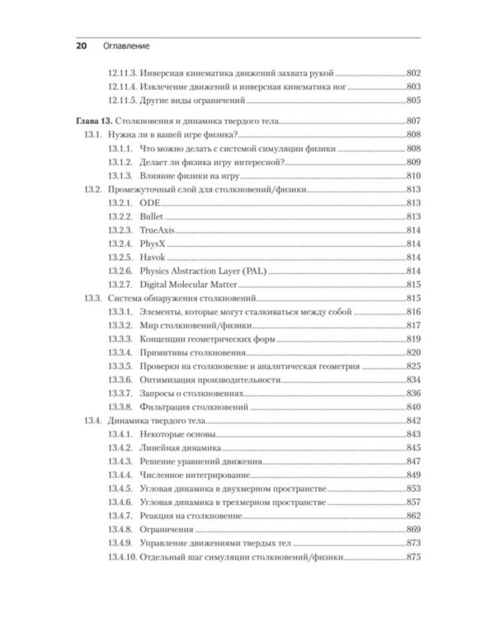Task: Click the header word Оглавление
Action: click(125, 46)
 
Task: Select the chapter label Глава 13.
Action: click(92, 121)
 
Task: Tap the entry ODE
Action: click(150, 202)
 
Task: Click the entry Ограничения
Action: click(167, 530)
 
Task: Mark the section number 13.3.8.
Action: click(120, 407)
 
